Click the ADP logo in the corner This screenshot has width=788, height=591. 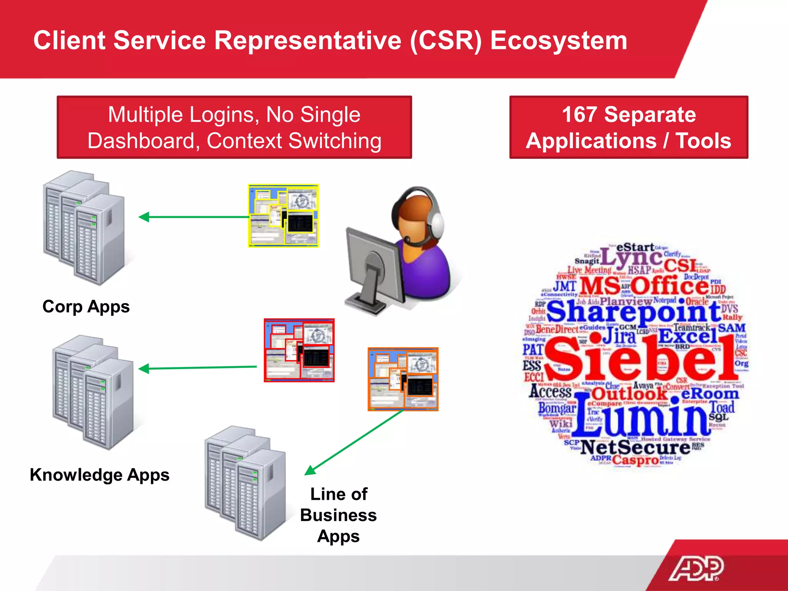click(x=696, y=568)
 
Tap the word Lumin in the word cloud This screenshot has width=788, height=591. click(x=643, y=417)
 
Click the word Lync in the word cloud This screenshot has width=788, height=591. click(x=631, y=258)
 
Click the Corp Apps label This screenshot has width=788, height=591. click(x=86, y=307)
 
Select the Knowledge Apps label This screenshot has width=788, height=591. click(x=99, y=475)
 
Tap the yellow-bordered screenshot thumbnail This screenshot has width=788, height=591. click(x=283, y=216)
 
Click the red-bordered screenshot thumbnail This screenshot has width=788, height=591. click(x=299, y=350)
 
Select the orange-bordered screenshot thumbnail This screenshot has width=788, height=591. click(x=403, y=379)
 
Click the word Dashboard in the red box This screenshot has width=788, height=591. click(x=143, y=141)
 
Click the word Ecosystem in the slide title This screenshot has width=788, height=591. click(x=559, y=40)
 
